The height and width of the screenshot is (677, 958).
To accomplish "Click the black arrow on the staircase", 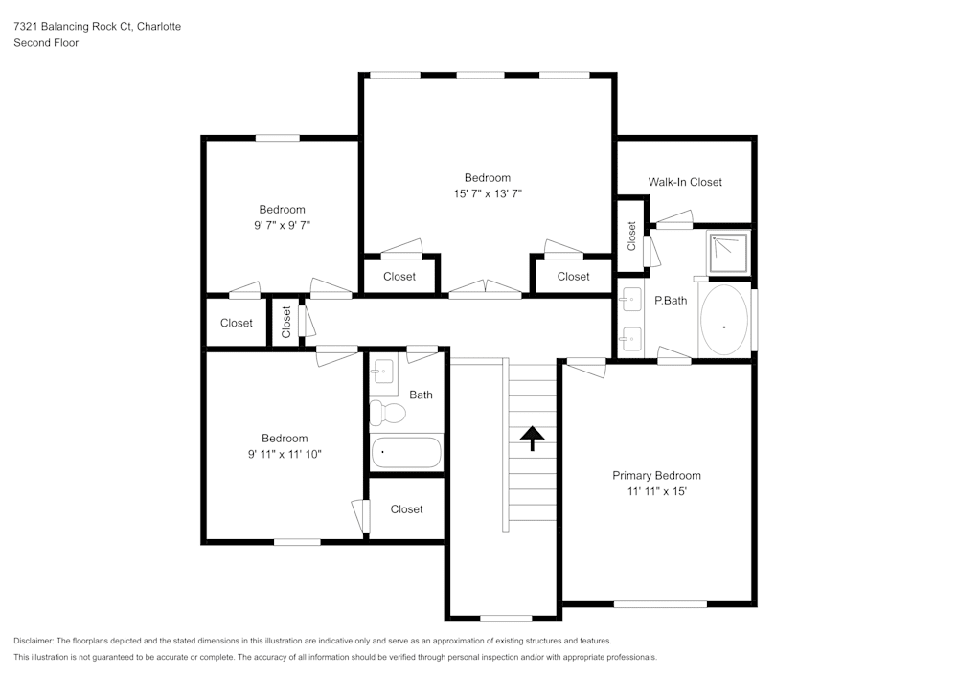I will (x=533, y=437).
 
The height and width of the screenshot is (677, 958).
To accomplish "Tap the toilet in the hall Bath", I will (x=388, y=413).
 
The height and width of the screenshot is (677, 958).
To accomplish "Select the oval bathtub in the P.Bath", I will (x=724, y=321).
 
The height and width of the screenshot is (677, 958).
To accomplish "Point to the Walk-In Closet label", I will (x=685, y=182).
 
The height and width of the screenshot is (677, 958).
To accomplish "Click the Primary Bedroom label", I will (x=656, y=476).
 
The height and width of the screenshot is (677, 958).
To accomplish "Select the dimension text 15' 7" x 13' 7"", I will (x=488, y=193).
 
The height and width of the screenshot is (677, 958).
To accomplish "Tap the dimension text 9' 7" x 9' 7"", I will (x=282, y=226).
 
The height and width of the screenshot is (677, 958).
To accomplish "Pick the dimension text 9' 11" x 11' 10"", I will (x=285, y=455).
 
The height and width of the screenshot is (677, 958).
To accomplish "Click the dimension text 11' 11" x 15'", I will (x=656, y=492).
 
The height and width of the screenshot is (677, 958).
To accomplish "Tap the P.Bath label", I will (x=671, y=301).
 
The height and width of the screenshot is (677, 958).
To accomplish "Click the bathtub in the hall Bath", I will (x=406, y=452).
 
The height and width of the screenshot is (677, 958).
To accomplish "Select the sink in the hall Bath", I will (x=383, y=372).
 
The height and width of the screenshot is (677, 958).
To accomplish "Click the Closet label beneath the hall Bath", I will (x=406, y=509).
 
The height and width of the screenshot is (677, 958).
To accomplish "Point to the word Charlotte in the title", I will (x=159, y=27).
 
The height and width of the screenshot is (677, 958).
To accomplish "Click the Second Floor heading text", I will (x=46, y=43).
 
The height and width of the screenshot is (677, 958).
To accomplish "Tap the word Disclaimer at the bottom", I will (x=34, y=641).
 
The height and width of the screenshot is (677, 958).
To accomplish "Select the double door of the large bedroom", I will (x=487, y=289).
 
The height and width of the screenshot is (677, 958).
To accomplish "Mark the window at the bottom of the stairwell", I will (x=505, y=618).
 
